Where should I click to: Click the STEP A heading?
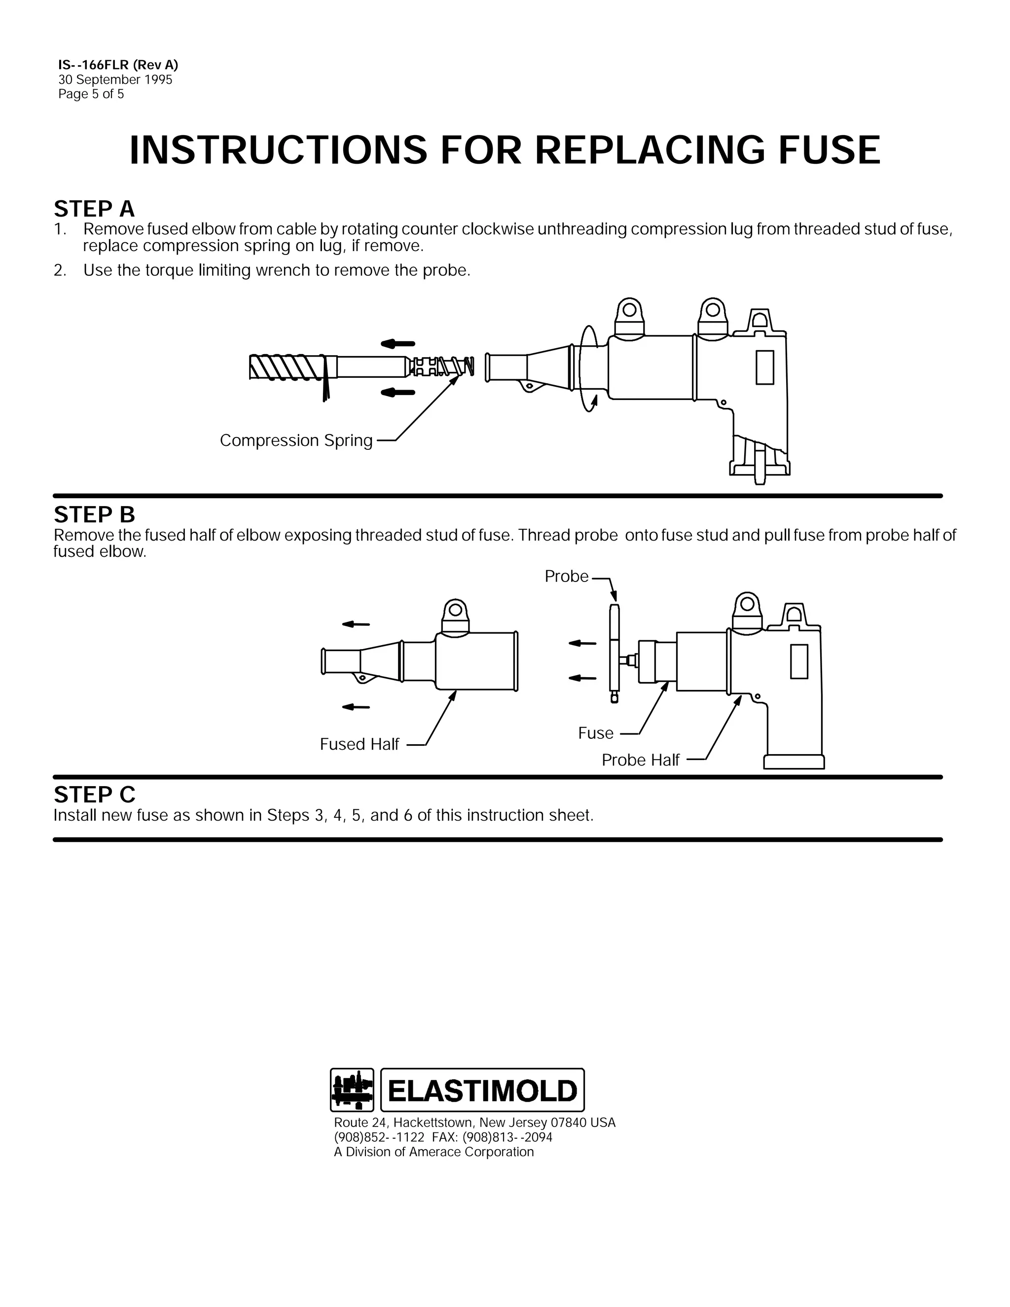point(94,209)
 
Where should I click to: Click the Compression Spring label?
point(296,440)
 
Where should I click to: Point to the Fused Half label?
point(359,744)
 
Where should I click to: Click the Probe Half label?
point(640,760)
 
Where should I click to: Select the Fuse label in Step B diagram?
point(595,733)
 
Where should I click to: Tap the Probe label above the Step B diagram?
point(567,576)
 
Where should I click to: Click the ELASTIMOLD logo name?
point(482,1090)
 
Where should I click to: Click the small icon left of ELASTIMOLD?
point(352,1090)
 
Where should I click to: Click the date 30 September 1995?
point(115,79)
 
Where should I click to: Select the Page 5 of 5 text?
point(91,94)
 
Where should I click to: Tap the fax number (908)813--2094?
point(507,1137)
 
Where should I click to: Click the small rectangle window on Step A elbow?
point(764,367)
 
